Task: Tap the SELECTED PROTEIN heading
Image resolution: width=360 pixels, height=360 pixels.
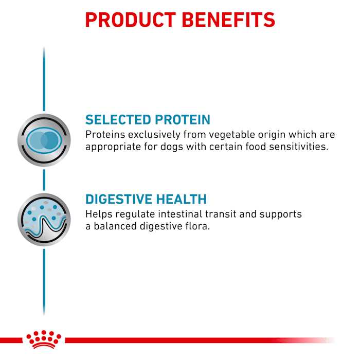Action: [148, 120]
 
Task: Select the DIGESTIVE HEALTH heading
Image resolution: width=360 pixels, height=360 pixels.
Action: [146, 199]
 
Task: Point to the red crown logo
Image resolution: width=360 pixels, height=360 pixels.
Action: [43, 340]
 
